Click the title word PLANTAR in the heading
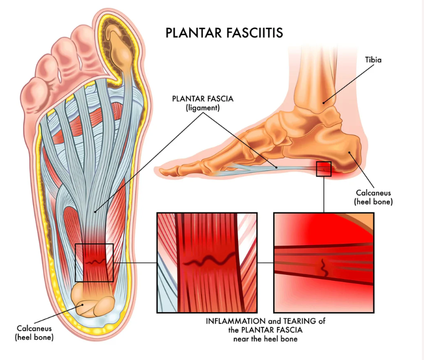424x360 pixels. pyautogui.click(x=188, y=32)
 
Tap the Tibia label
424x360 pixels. pyautogui.click(x=373, y=60)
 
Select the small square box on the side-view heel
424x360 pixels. pyautogui.click(x=323, y=169)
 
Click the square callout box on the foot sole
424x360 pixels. pyautogui.click(x=94, y=263)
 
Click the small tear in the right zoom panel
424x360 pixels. pyautogui.click(x=323, y=267)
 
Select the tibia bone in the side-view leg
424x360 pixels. pyautogui.click(x=318, y=75)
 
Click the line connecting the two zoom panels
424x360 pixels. pyautogui.click(x=265, y=263)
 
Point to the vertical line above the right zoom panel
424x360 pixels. pyautogui.click(x=323, y=194)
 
